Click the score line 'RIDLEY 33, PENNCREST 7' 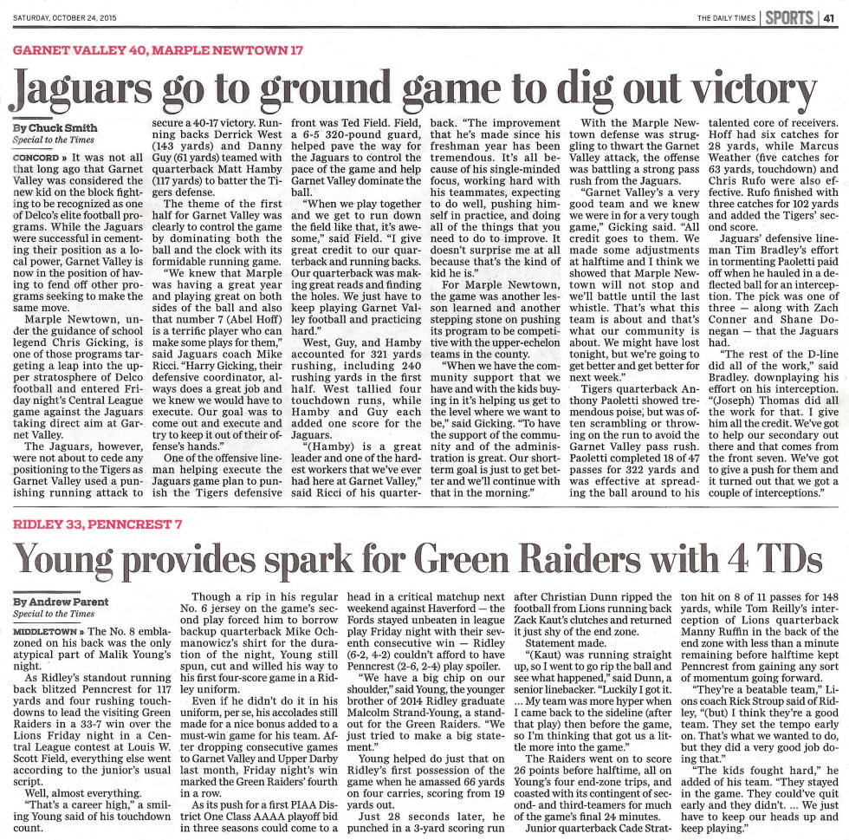98,525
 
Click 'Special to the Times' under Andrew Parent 54,614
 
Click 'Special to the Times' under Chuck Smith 54,140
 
